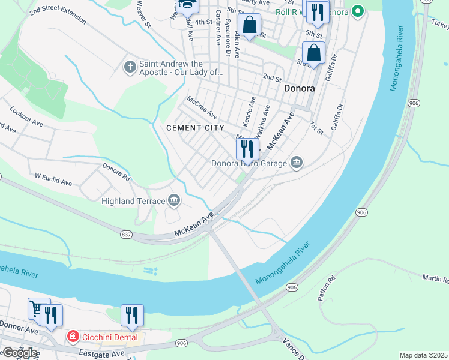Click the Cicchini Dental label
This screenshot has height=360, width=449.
pyautogui.click(x=110, y=337)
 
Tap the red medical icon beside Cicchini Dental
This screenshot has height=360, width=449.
pyautogui.click(x=73, y=337)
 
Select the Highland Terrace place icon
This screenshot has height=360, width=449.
pyautogui.click(x=174, y=200)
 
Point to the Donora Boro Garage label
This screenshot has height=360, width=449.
pyautogui.click(x=249, y=163)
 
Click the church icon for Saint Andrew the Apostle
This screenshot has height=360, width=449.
pyautogui.click(x=130, y=66)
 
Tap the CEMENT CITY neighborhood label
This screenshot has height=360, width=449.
pyautogui.click(x=195, y=128)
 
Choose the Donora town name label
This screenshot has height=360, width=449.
pyautogui.click(x=299, y=88)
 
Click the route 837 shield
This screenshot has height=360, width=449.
pyautogui.click(x=125, y=233)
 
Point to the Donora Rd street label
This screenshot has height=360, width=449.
pyautogui.click(x=116, y=172)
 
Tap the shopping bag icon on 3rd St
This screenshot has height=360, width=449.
pyautogui.click(x=313, y=53)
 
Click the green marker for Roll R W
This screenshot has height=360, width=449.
pyautogui.click(x=358, y=11)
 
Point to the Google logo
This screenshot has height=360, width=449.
pyautogui.click(x=19, y=353)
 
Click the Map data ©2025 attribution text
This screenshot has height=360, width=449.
pyautogui.click(x=423, y=355)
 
